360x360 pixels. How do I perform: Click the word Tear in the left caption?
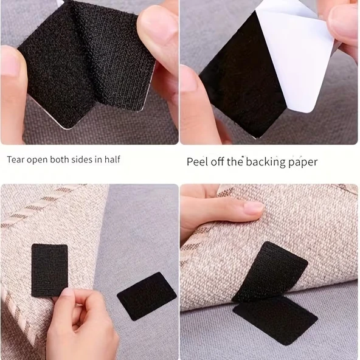point(15,159)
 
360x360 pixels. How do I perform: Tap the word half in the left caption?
point(112,159)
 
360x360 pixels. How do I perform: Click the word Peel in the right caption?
point(197,162)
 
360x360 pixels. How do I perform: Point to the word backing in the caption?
point(266,162)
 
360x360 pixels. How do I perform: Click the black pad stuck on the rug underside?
point(50,270)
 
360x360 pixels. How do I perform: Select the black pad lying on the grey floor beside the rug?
point(147,296)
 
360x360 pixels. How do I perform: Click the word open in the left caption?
point(37,160)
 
